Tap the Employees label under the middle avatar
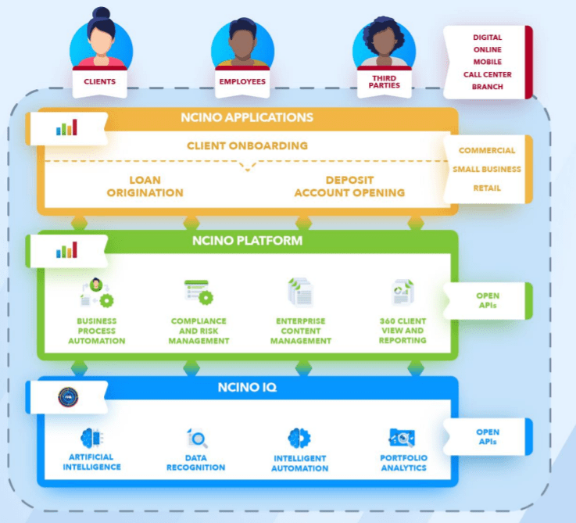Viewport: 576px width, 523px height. click(241, 81)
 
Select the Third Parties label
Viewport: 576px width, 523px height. click(383, 81)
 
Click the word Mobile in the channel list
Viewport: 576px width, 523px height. click(487, 62)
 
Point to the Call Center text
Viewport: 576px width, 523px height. click(487, 74)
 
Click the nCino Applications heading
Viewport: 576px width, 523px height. click(246, 118)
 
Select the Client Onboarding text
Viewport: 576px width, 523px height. click(247, 145)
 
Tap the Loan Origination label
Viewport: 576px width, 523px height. click(145, 186)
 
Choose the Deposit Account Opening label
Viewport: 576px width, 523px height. click(349, 186)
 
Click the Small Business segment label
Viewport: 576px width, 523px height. click(486, 169)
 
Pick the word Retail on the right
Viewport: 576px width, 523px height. click(486, 188)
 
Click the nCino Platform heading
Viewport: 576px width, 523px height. click(247, 241)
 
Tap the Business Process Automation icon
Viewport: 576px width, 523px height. click(98, 292)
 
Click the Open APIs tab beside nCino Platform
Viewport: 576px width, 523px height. click(488, 300)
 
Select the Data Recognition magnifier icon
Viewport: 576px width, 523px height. click(195, 439)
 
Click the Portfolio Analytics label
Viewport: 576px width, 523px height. click(403, 463)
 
